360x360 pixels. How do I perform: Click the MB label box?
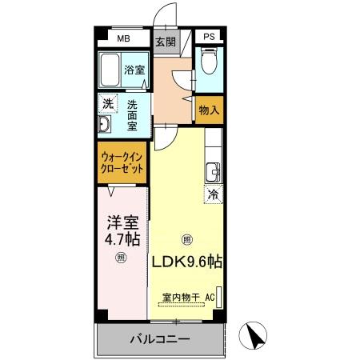click(x=124, y=38)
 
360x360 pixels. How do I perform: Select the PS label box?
click(x=209, y=38)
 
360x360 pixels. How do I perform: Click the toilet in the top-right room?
click(x=209, y=62)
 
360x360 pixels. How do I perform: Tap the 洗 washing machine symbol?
click(x=106, y=104)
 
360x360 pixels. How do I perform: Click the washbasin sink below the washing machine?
click(x=104, y=126)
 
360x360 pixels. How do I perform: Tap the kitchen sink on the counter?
click(x=213, y=172)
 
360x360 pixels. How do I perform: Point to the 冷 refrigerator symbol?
click(x=214, y=194)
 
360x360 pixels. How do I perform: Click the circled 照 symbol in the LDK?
click(x=187, y=239)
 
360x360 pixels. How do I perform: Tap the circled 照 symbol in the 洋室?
click(x=122, y=257)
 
